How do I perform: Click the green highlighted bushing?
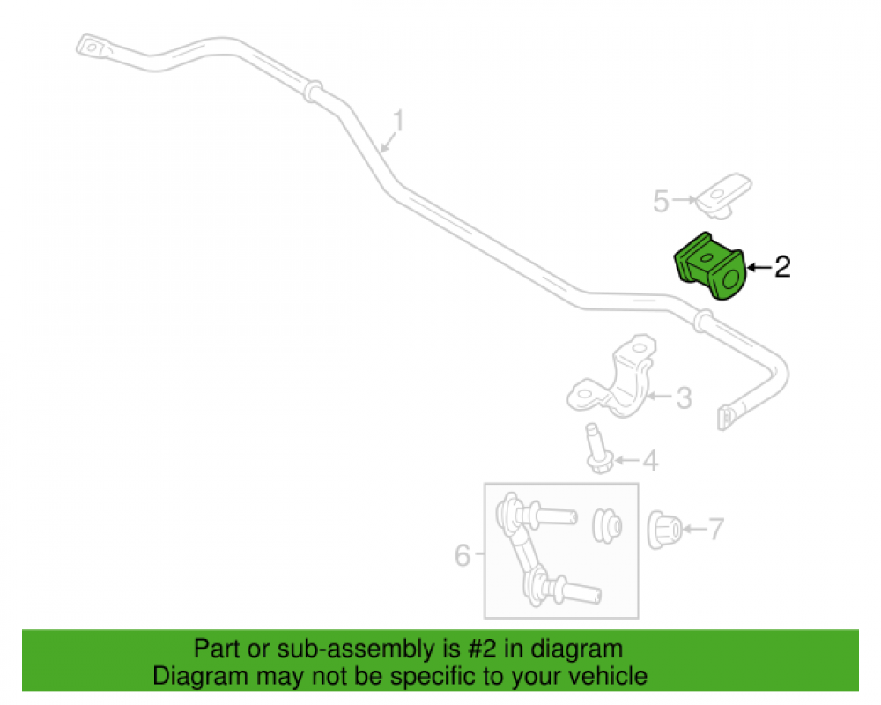(709, 266)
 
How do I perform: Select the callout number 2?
(782, 266)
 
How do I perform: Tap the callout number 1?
(398, 121)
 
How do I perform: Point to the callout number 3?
(684, 398)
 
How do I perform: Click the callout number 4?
(650, 460)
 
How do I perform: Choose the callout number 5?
(662, 201)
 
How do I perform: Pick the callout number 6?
(463, 555)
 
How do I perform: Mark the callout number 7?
(715, 529)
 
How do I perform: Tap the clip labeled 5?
(723, 195)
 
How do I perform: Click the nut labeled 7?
(664, 530)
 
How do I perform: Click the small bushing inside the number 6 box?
(607, 526)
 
